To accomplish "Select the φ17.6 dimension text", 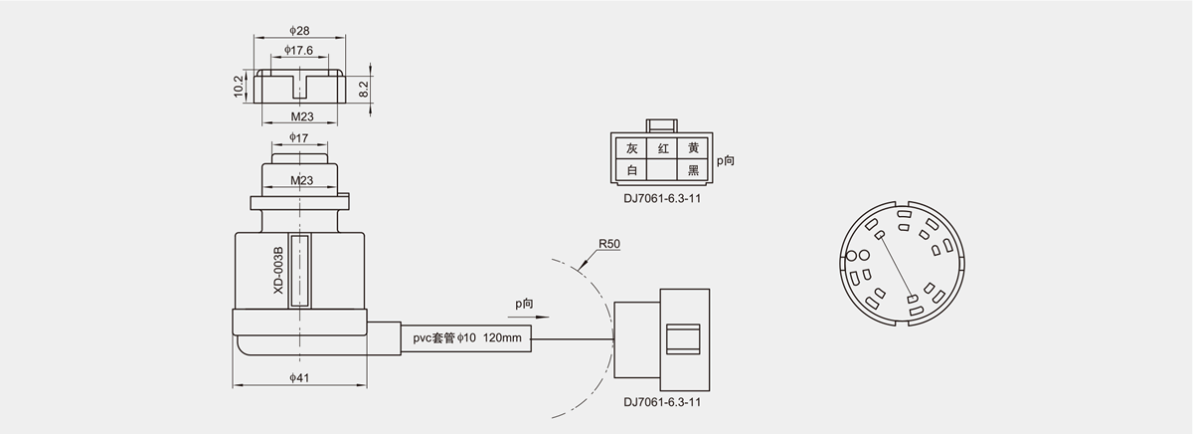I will coord(298,50).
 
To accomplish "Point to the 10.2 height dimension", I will coord(239,87).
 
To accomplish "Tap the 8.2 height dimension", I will coord(365,89).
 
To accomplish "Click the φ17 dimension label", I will coord(299,137).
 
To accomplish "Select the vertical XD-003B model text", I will coord(279,271).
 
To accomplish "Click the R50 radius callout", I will coord(609,243).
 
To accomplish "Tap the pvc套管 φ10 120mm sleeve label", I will coord(467,338).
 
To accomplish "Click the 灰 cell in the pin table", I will coord(631,148).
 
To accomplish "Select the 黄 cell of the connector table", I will coord(693,148).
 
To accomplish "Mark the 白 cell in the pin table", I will coord(631,170).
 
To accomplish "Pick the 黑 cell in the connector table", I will coord(693,170).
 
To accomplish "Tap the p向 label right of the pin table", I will coord(725,159).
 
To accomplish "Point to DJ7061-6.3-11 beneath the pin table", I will coord(662,196).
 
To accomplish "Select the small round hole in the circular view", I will coord(852,257).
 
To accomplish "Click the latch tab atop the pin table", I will coord(662,126).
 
